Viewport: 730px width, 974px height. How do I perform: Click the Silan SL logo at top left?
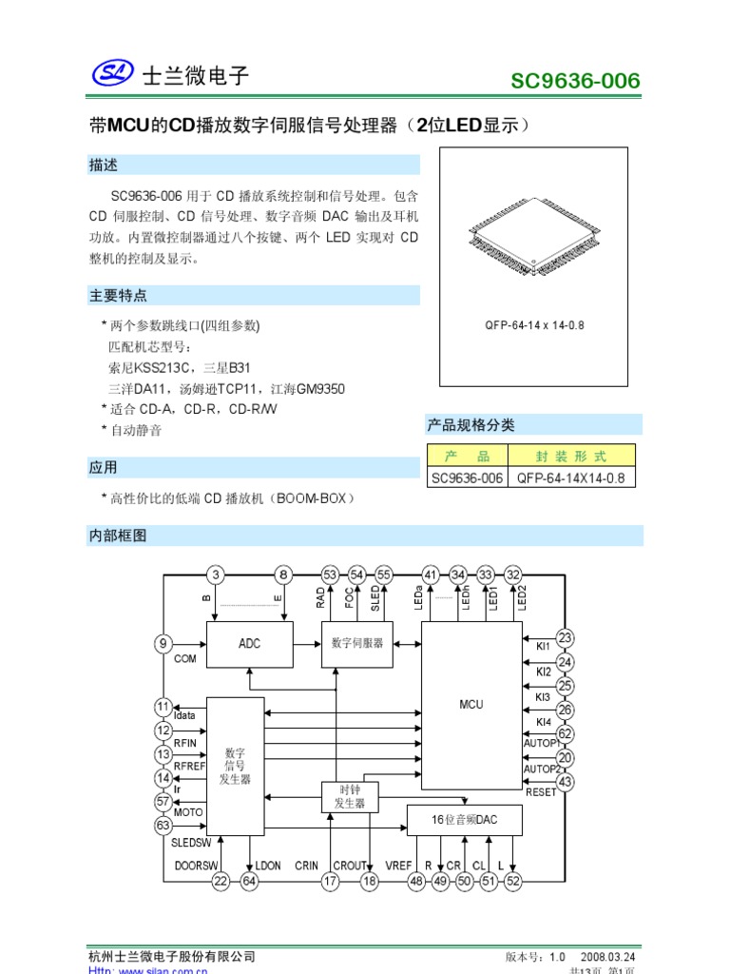tap(114, 74)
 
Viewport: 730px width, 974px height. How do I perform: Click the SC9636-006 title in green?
tap(575, 81)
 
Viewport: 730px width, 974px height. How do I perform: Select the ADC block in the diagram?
tap(249, 643)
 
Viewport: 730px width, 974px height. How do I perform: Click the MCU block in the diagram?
tap(471, 705)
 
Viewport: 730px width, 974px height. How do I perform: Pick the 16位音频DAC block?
tap(464, 820)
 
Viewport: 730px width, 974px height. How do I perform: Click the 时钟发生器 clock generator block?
tap(350, 796)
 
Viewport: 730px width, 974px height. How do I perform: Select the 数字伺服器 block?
tap(357, 643)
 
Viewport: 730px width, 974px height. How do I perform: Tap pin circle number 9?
tap(163, 643)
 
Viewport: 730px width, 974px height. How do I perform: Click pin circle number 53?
tap(330, 575)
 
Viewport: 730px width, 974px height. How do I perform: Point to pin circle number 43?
tap(566, 781)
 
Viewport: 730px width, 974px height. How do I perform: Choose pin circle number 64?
tap(249, 882)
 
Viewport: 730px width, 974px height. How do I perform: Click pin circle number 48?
tap(416, 882)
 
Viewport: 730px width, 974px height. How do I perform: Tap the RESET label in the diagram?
tap(541, 791)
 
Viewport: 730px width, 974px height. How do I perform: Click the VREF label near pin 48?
tap(398, 866)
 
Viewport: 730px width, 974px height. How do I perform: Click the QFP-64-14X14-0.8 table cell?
tap(571, 478)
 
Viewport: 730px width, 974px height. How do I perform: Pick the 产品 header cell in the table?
tap(467, 456)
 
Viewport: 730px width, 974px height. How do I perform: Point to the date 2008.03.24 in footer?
tap(607, 956)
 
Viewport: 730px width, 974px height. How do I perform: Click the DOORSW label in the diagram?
tap(196, 866)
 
